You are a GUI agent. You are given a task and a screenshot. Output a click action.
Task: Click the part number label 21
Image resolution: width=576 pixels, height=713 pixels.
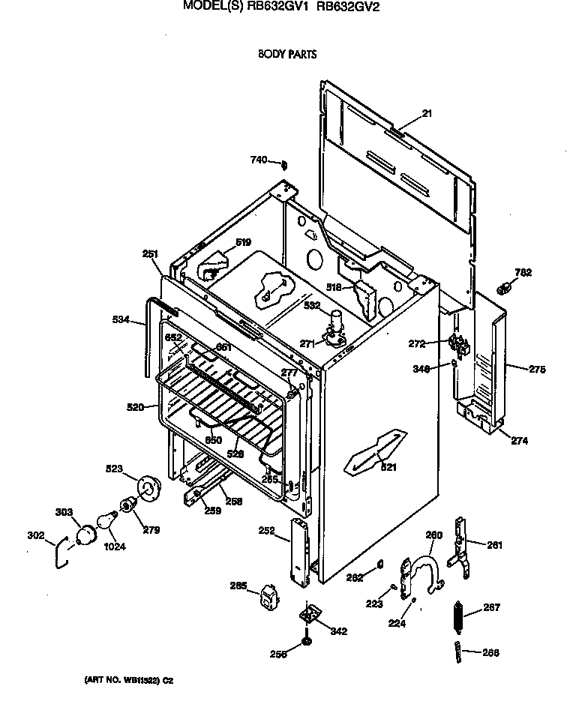point(427,114)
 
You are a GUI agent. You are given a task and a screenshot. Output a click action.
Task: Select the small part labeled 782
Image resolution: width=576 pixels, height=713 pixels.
point(505,286)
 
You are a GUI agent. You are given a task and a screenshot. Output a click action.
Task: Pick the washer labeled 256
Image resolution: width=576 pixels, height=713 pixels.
point(307,643)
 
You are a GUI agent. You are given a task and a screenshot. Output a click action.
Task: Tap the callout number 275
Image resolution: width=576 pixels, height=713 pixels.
point(537,369)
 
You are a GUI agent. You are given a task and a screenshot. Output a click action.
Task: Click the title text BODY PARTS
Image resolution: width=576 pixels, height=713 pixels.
point(287,54)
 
